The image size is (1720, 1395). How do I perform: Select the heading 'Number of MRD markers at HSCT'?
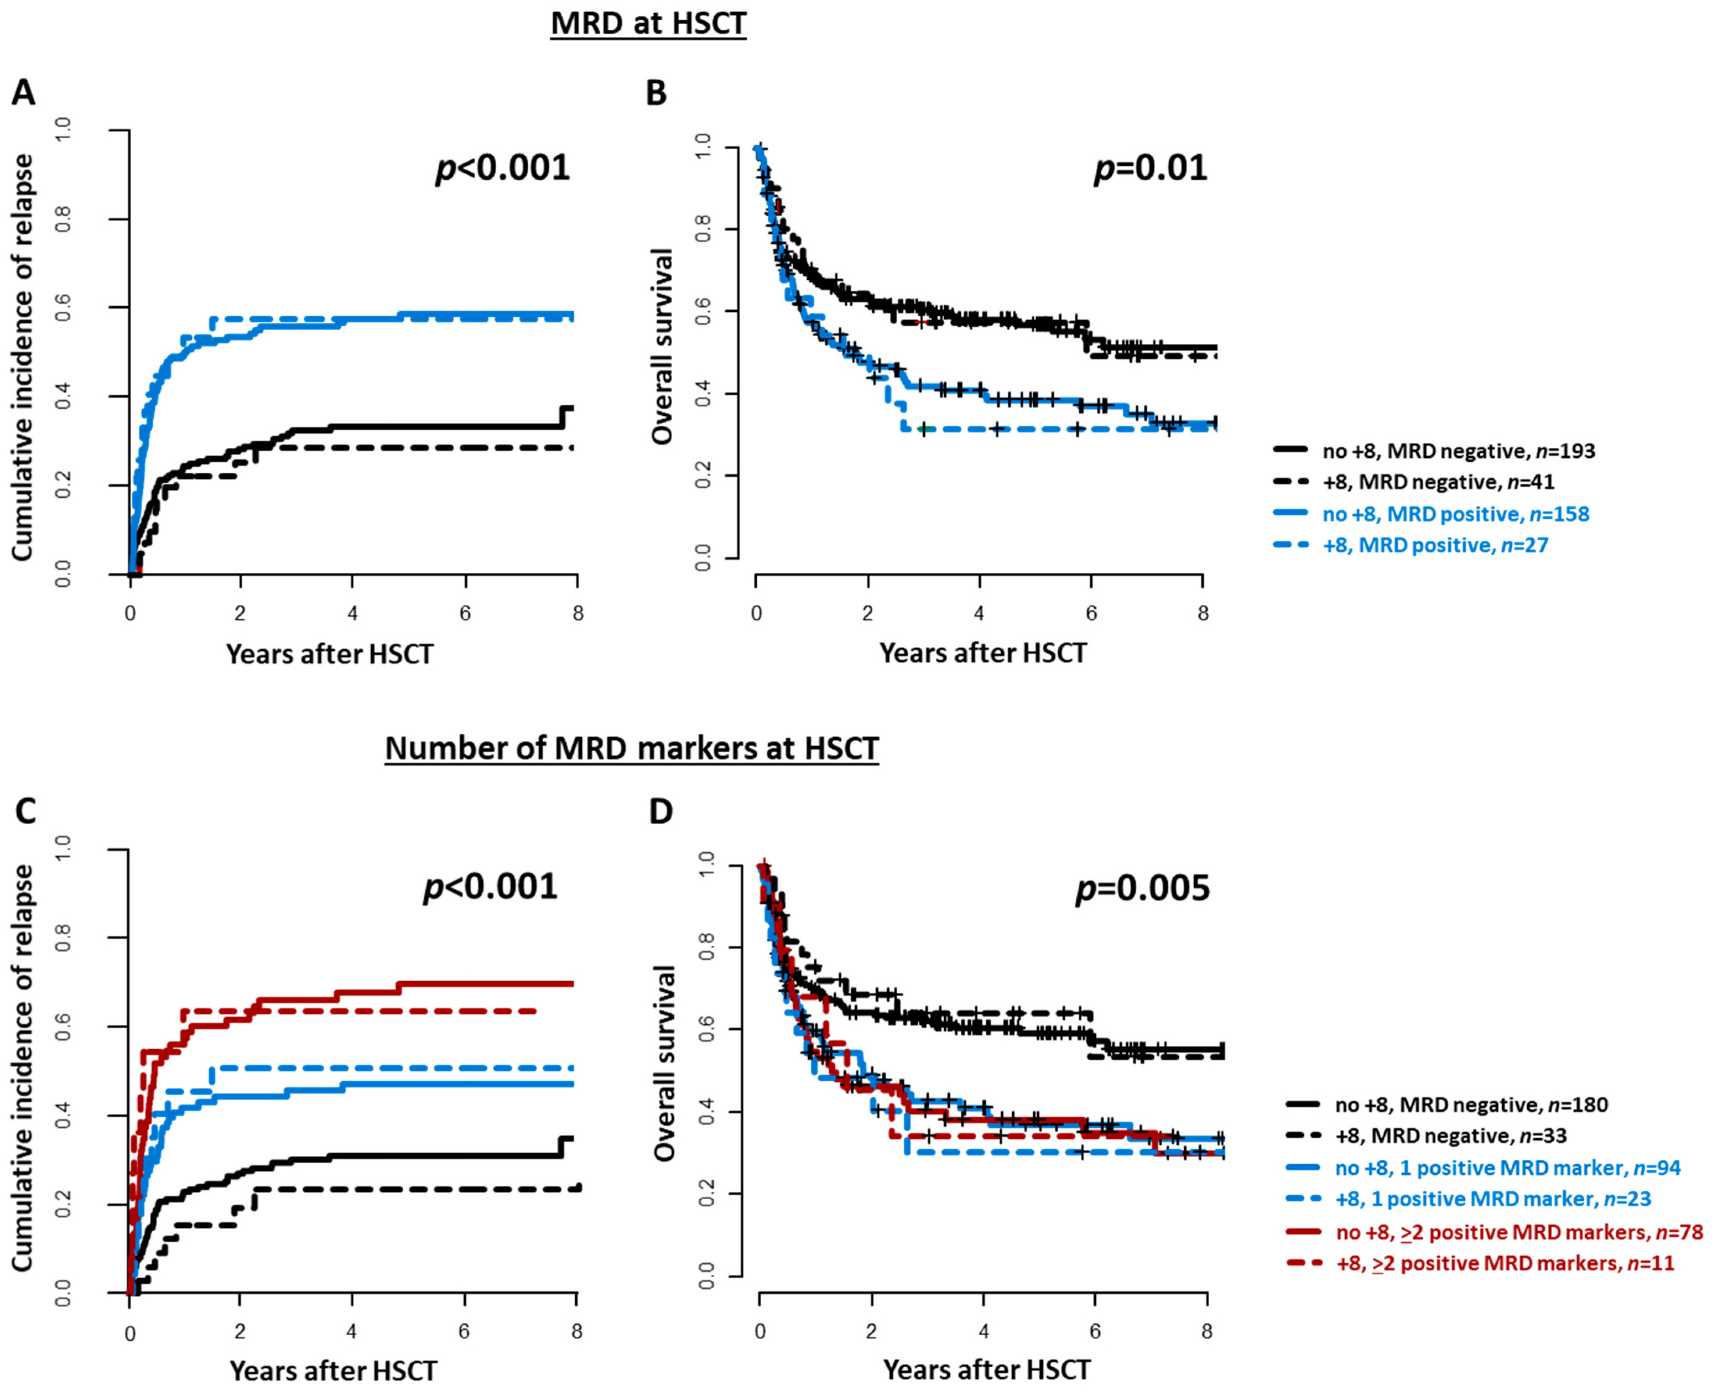pos(632,748)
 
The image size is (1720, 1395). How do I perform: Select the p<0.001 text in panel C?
pos(490,887)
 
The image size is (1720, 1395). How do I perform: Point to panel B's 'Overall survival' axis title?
pos(662,347)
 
